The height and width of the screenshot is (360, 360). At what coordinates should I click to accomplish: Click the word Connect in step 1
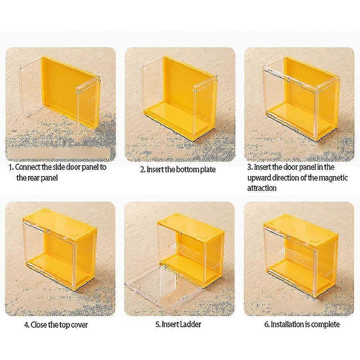coord(28,167)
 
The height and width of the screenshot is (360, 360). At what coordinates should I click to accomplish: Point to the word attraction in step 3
coord(262,188)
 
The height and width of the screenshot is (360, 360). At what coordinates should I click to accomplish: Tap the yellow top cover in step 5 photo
coord(190,226)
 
